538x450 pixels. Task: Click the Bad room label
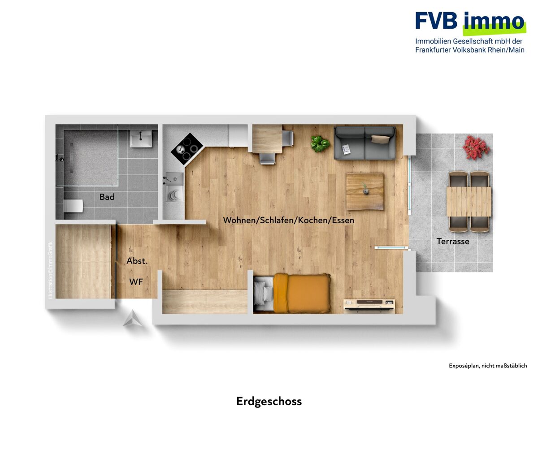tap(107, 197)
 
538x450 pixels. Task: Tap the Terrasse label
tap(453, 241)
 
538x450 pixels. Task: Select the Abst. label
tap(137, 261)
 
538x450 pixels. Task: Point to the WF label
tap(136, 282)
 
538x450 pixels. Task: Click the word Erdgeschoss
tap(269, 402)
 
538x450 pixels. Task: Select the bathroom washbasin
tap(141, 138)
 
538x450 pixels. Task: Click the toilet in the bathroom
tap(73, 206)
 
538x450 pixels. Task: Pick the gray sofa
tap(365, 143)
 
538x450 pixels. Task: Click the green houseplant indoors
tap(320, 143)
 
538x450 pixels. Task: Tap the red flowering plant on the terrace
tap(476, 148)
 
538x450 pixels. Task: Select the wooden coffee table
tap(365, 192)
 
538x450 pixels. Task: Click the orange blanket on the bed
tap(302, 294)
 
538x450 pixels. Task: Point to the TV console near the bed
tap(369, 306)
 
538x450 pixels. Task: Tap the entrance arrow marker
tap(132, 318)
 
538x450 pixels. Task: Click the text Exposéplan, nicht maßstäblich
tap(488, 366)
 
